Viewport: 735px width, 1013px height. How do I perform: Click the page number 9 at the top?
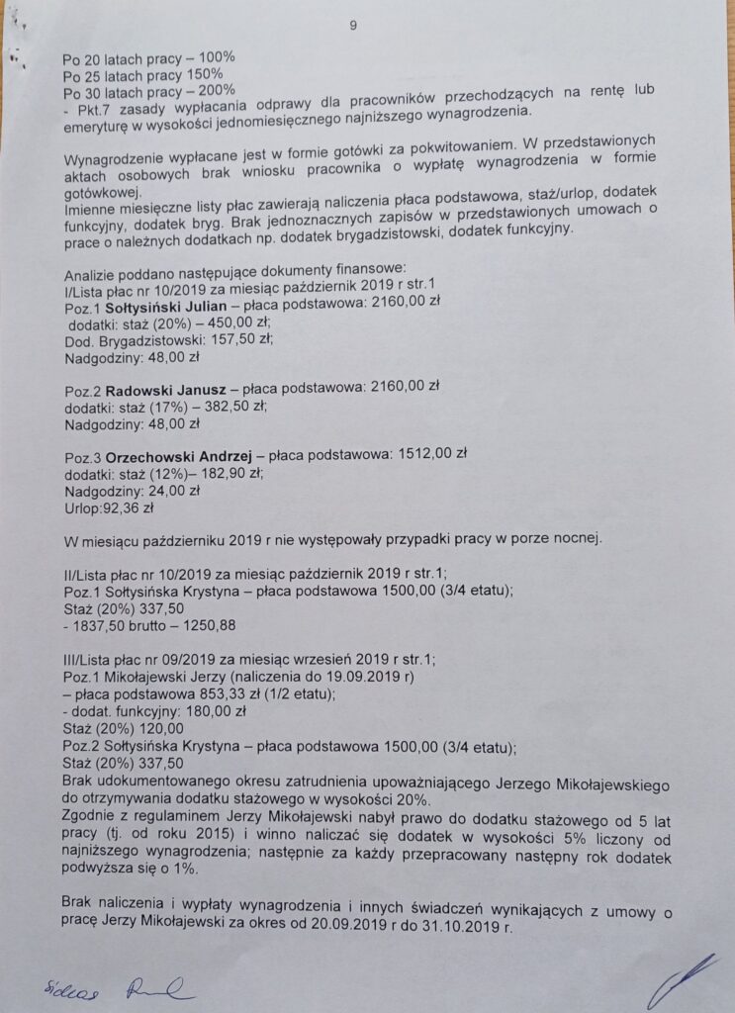pos(353,26)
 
